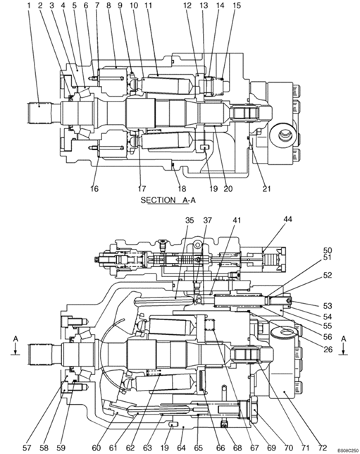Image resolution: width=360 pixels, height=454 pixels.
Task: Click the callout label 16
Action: tap(94, 189)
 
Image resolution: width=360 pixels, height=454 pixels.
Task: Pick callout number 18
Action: tap(182, 189)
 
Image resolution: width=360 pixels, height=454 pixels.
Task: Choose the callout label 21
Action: tap(266, 189)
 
